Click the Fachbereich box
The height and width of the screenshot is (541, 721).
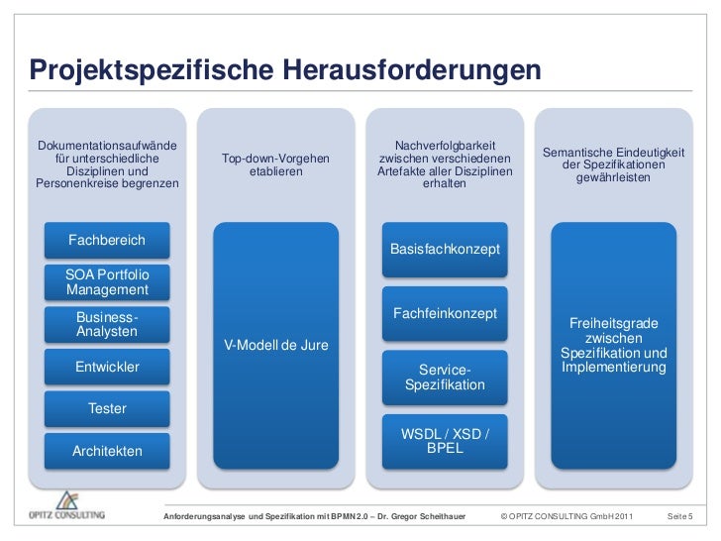click(106, 241)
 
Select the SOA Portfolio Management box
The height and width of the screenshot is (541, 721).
click(107, 281)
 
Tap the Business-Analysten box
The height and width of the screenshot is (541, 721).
click(107, 324)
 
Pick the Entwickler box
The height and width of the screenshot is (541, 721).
click(107, 367)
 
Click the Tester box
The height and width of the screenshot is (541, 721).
click(107, 408)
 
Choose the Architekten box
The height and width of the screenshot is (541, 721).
click(107, 451)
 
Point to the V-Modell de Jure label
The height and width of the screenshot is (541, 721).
click(276, 345)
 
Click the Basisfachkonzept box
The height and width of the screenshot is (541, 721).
click(445, 249)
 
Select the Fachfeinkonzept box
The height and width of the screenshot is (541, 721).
click(445, 313)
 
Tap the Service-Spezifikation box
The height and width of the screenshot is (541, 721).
click(445, 377)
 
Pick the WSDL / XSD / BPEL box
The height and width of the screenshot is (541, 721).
click(445, 440)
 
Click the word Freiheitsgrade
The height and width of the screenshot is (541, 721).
click(614, 323)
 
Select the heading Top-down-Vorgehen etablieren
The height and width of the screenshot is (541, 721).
click(276, 164)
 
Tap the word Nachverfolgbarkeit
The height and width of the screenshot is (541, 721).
click(445, 146)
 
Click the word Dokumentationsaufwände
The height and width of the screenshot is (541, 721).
click(106, 146)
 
